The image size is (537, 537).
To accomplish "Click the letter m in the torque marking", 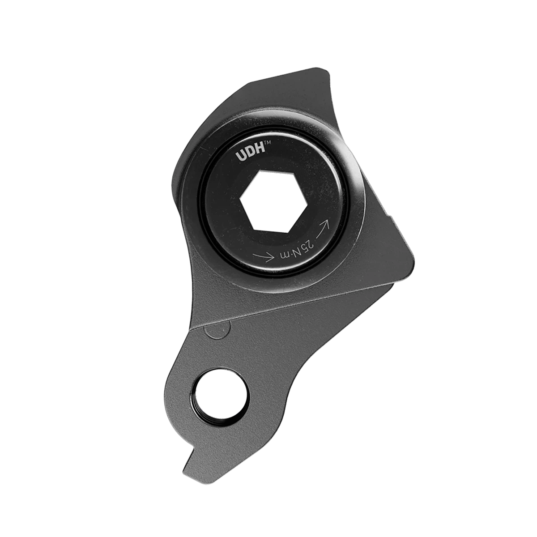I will tap(285, 256).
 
